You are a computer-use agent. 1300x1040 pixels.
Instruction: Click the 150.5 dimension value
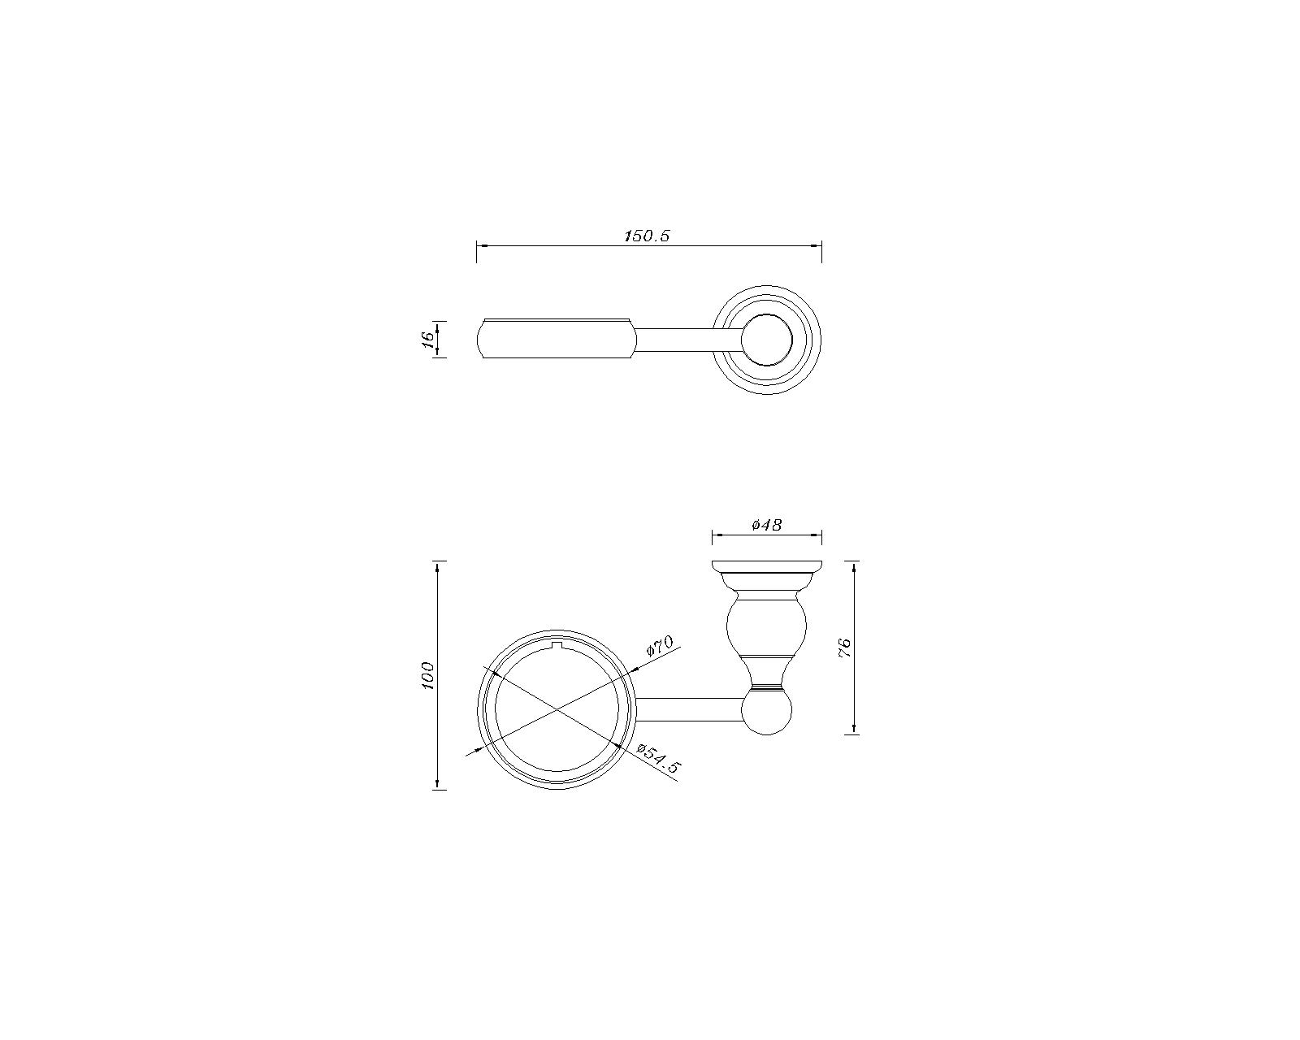[x=647, y=236]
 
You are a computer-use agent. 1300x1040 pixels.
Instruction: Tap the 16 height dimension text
[x=427, y=340]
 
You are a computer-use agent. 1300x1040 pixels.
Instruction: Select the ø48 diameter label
[x=766, y=525]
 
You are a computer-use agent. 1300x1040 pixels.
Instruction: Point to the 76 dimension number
[x=844, y=648]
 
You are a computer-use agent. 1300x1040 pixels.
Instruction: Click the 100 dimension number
[x=427, y=676]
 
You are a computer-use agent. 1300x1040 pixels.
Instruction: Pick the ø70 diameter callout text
[x=660, y=646]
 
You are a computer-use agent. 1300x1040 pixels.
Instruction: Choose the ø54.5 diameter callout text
[x=658, y=759]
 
